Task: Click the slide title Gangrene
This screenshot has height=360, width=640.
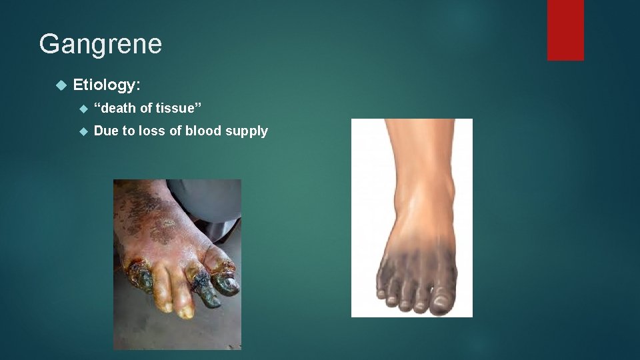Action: point(100,44)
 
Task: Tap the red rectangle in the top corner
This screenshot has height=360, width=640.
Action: point(565,29)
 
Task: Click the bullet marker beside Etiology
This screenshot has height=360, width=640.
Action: point(61,85)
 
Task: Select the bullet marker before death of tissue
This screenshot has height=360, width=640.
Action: point(83,108)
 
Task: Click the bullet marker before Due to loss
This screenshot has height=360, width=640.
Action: point(83,131)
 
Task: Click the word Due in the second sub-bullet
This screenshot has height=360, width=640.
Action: point(106,131)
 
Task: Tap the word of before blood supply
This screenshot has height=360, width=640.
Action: point(175,131)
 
